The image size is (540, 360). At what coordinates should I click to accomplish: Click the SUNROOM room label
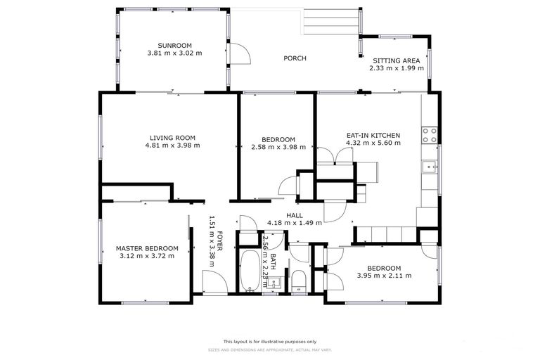pyautogui.click(x=174, y=45)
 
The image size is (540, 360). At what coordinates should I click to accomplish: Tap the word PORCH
pyautogui.click(x=295, y=58)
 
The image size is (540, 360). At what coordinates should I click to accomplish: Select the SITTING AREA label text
pyautogui.click(x=397, y=60)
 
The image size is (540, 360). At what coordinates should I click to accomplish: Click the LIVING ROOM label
pyautogui.click(x=172, y=138)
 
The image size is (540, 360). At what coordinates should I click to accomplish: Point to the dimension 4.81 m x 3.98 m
pyautogui.click(x=172, y=146)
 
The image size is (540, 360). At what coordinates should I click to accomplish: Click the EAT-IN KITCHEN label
pyautogui.click(x=373, y=135)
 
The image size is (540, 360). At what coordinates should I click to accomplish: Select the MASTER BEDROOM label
pyautogui.click(x=147, y=248)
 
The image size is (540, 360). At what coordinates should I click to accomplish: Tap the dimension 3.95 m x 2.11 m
pyautogui.click(x=383, y=276)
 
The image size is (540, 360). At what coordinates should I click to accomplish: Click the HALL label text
pyautogui.click(x=295, y=215)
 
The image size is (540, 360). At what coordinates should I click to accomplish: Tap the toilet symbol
pyautogui.click(x=298, y=280)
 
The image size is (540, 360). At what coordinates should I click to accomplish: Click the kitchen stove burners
pyautogui.click(x=429, y=135)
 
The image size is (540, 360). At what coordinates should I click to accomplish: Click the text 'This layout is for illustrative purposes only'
pyautogui.click(x=270, y=340)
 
